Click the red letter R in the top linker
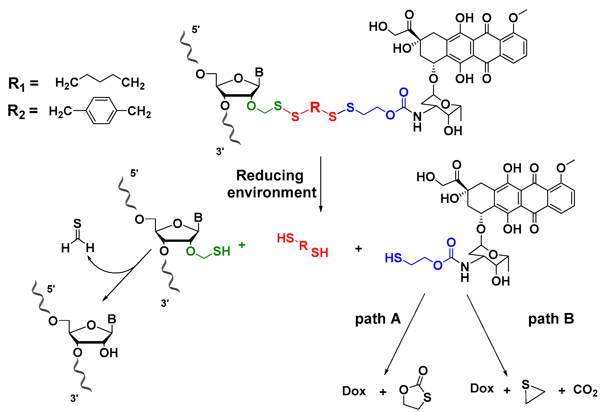315,107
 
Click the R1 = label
23,84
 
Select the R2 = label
22,111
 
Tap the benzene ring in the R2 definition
101,110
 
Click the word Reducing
270,175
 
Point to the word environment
271,193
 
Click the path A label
377,319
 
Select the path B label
551,319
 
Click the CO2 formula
585,390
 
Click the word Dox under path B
482,389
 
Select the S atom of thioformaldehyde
77,223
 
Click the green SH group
221,251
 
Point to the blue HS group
393,258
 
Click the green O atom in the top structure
251,106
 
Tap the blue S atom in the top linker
350,107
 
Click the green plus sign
242,245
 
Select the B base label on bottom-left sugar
112,319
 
